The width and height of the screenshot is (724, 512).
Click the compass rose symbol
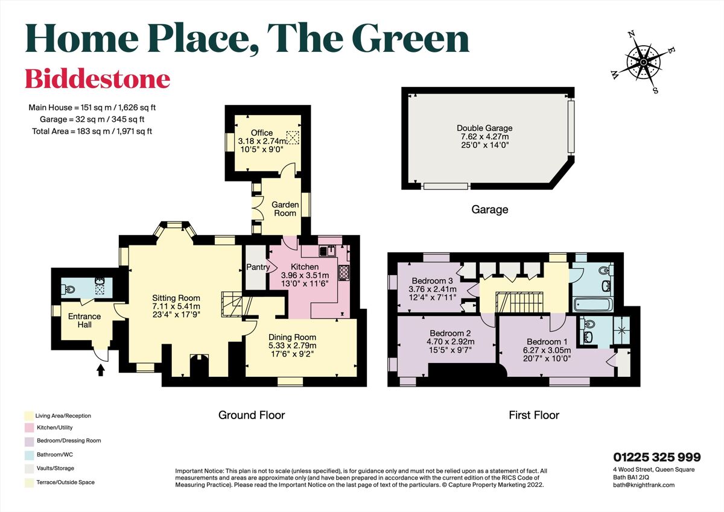(x=644, y=62)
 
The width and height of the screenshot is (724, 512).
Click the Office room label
(x=262, y=133)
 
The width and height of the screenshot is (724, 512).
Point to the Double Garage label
(x=484, y=128)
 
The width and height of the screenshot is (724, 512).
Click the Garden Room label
(x=285, y=209)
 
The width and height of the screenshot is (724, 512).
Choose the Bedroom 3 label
(x=432, y=280)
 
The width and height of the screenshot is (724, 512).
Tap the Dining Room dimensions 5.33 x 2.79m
(x=292, y=346)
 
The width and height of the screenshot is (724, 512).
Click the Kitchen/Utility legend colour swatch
(x=28, y=428)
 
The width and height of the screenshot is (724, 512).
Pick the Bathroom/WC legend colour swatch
(x=28, y=455)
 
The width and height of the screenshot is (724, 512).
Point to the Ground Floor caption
(x=252, y=415)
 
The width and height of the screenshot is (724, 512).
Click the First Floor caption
(x=534, y=415)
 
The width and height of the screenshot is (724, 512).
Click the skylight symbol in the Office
(x=293, y=137)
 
